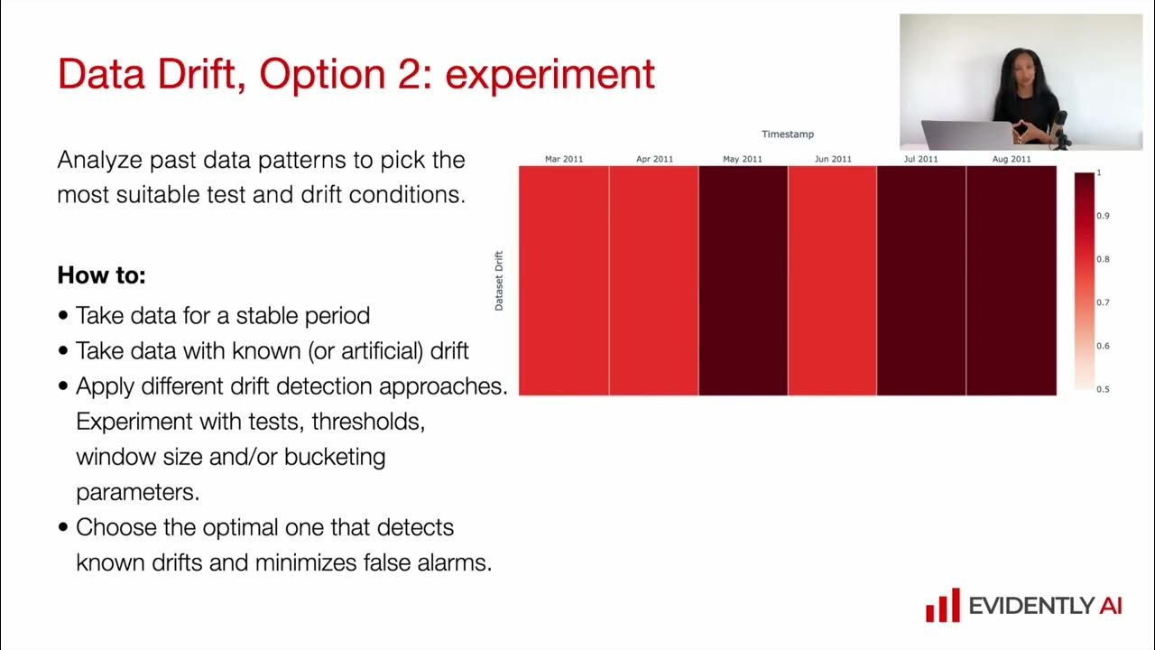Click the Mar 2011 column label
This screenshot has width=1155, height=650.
tap(564, 159)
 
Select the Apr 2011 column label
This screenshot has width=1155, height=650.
tap(654, 159)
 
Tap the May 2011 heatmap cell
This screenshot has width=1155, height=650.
tap(743, 281)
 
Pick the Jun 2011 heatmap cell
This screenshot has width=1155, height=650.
tap(832, 281)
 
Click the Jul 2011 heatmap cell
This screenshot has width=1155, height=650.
tap(921, 281)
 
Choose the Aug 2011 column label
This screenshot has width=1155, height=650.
tap(1012, 159)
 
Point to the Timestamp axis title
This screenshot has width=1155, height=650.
tap(787, 135)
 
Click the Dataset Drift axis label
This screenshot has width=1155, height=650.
tap(499, 281)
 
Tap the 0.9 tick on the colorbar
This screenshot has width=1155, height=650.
tap(1103, 216)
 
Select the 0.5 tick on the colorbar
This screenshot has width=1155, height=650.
tap(1103, 389)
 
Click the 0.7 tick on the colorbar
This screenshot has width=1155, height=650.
tap(1103, 302)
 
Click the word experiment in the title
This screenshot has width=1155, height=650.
tap(550, 74)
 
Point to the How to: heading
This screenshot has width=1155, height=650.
tap(101, 275)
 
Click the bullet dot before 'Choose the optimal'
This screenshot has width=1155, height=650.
tap(63, 528)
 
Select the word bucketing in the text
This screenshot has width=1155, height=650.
tap(335, 457)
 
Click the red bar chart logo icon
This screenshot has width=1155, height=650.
tap(942, 605)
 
